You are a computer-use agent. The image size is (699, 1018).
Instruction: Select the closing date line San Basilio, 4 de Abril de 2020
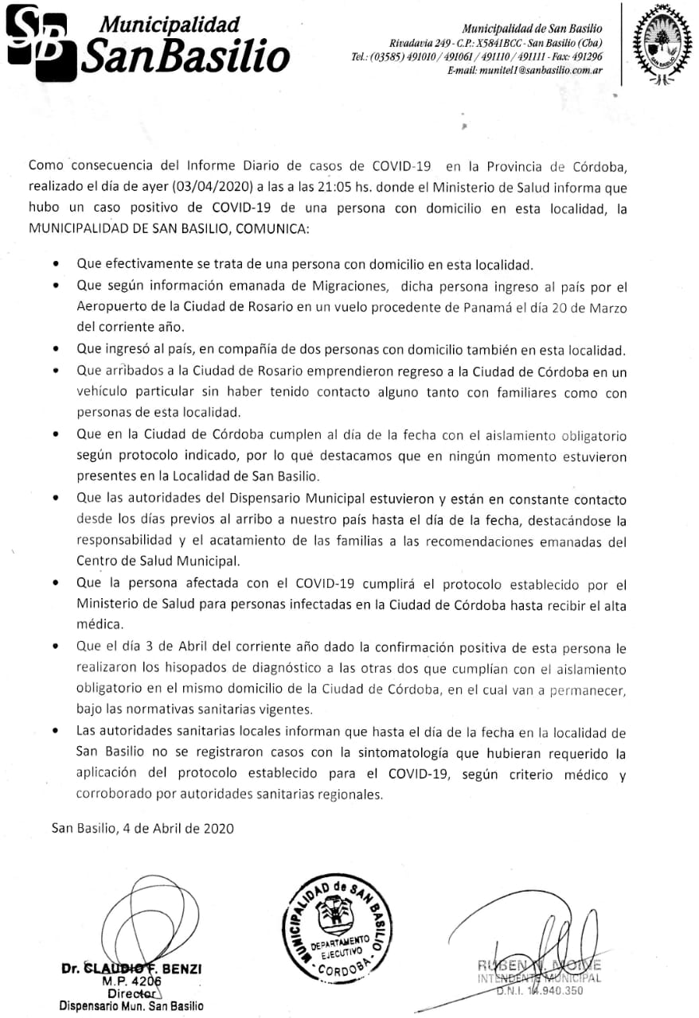click(143, 828)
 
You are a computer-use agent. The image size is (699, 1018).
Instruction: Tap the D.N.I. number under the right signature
click(539, 990)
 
